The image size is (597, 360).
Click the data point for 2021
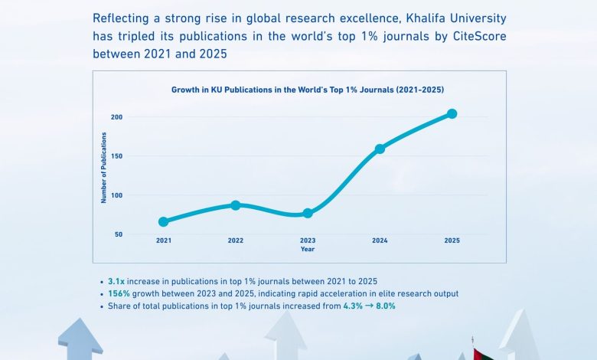[163, 222]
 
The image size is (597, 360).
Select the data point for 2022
[236, 205]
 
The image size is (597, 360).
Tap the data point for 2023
[308, 213]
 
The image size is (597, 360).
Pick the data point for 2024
[380, 149]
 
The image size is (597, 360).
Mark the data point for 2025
[452, 113]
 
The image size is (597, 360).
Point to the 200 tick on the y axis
[116, 117]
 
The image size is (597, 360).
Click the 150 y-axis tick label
[116, 156]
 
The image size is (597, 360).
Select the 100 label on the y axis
[116, 195]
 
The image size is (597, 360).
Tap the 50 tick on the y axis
[119, 234]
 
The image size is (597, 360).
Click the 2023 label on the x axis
[308, 241]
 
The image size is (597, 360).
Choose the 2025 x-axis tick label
[452, 241]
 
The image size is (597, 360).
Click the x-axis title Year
[307, 249]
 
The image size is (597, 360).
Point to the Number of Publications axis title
[104, 167]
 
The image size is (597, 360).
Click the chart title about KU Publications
[307, 90]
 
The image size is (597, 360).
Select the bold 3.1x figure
[116, 281]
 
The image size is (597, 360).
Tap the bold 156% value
[119, 293]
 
